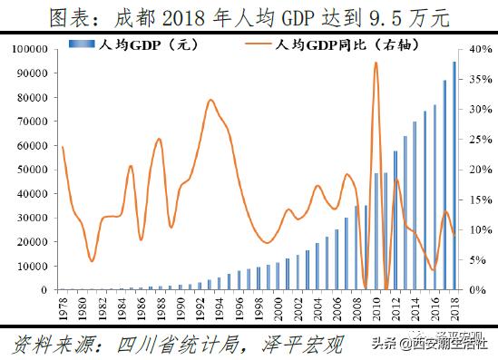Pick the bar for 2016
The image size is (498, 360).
click(435, 198)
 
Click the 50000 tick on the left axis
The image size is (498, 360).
click(34, 170)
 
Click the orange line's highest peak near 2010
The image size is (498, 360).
click(376, 63)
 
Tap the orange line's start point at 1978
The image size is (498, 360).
click(61, 146)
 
